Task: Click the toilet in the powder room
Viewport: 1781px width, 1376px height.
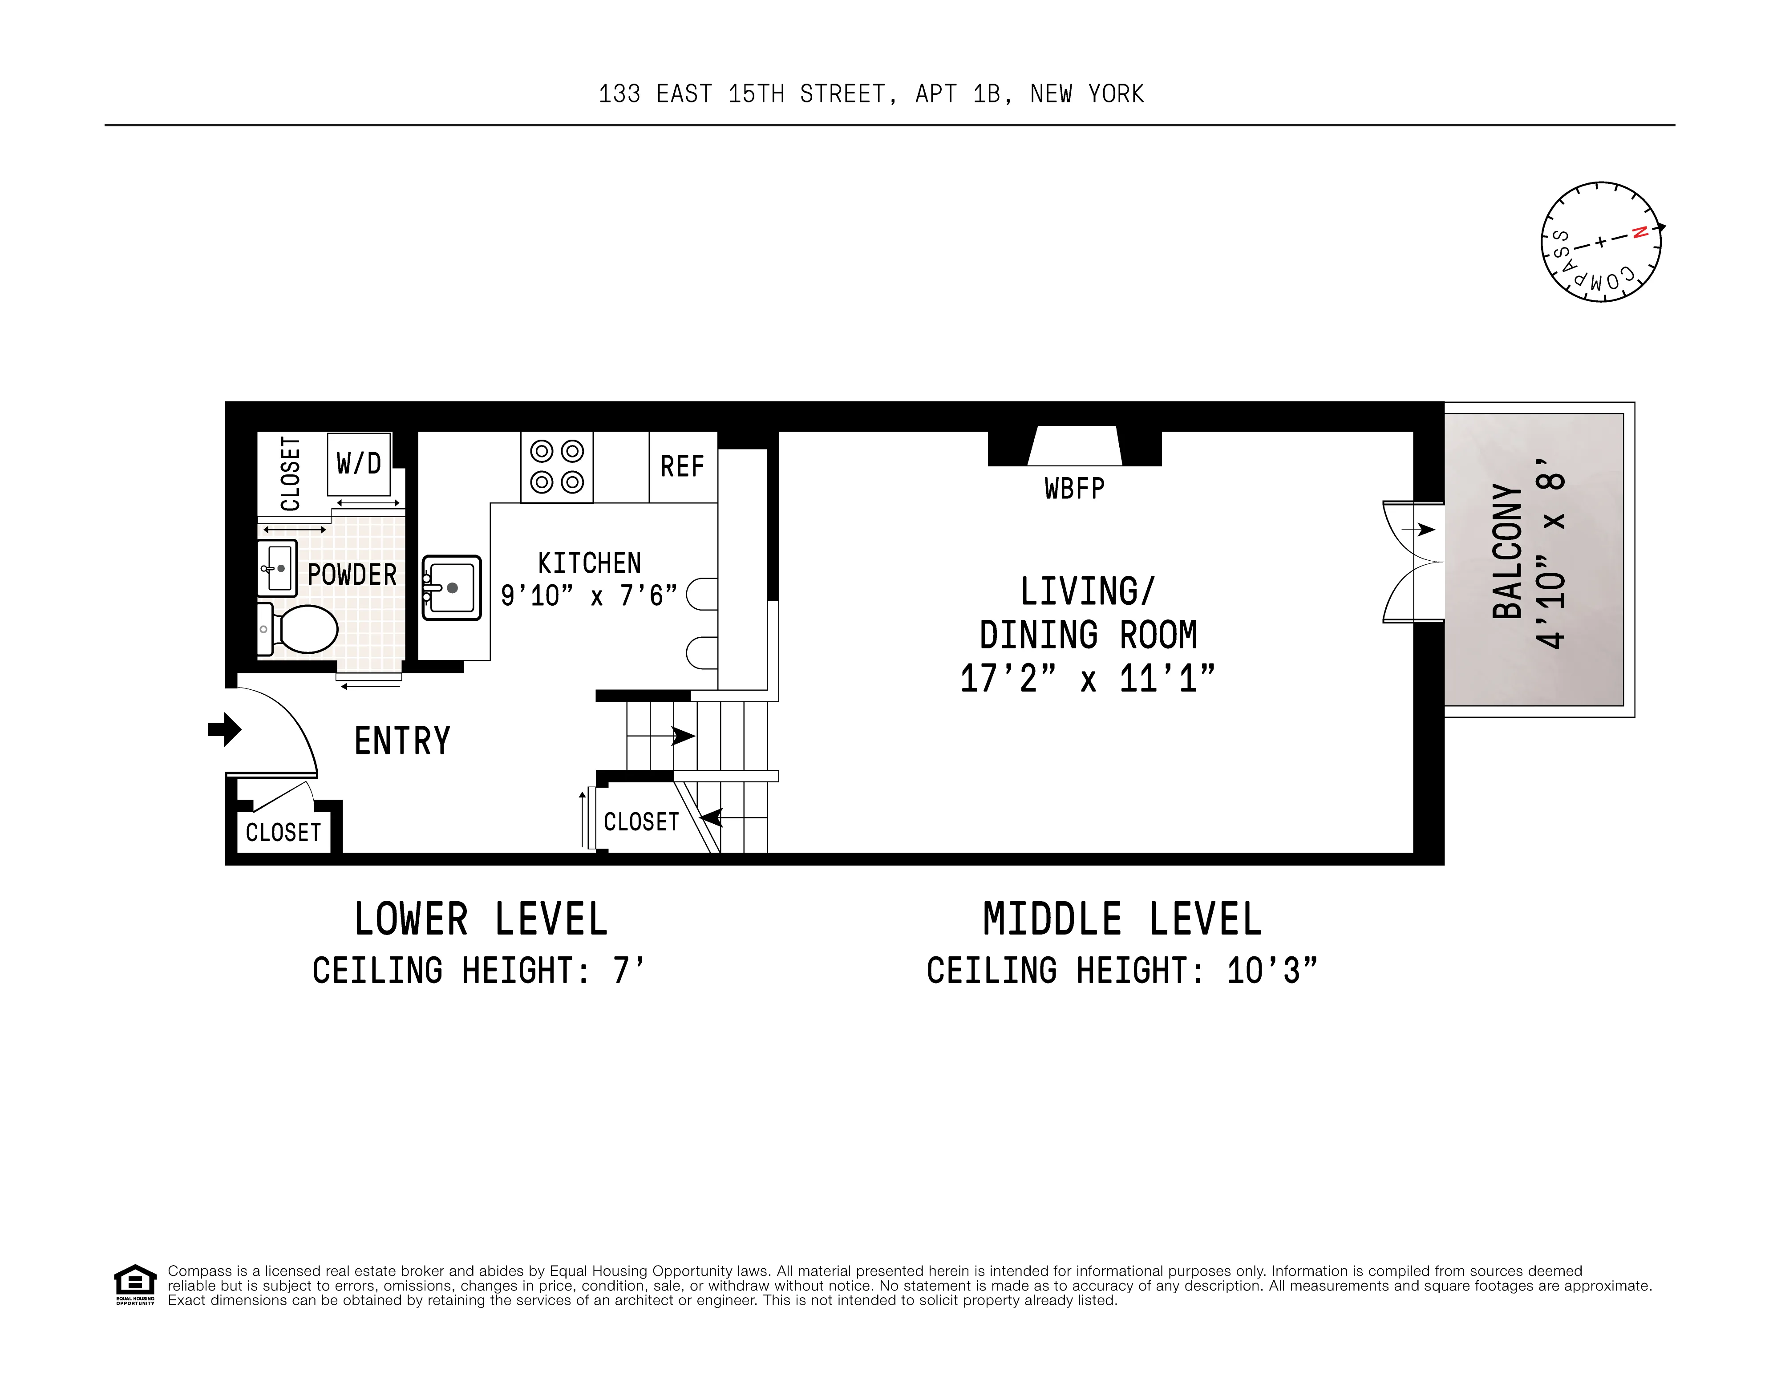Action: (302, 629)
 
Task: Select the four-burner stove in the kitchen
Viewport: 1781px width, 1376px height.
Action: (557, 466)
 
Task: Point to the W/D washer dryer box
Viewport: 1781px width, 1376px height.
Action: (359, 464)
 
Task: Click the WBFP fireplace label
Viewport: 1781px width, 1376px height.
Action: (1074, 489)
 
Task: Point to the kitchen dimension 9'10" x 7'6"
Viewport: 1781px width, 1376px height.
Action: (589, 596)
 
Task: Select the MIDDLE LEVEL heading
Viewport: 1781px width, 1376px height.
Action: (1122, 920)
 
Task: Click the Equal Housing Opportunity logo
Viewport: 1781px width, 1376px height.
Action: (134, 1285)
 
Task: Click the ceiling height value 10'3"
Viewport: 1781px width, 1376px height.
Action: (1272, 971)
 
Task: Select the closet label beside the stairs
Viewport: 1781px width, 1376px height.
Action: (641, 822)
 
